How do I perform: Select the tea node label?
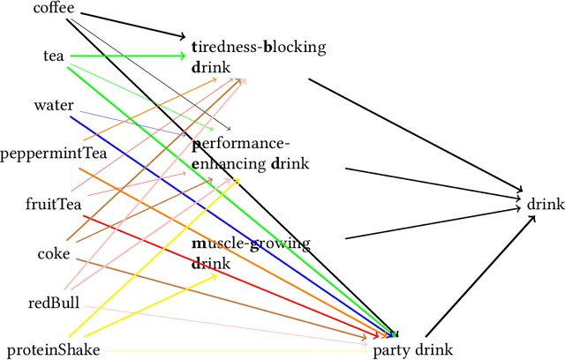point(54,56)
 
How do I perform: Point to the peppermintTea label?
point(41,154)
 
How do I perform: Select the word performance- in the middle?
point(240,144)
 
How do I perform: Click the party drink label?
point(412,350)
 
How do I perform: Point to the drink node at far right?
point(545,205)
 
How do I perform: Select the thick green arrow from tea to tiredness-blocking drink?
point(132,56)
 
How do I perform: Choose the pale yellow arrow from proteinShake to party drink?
point(230,350)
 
